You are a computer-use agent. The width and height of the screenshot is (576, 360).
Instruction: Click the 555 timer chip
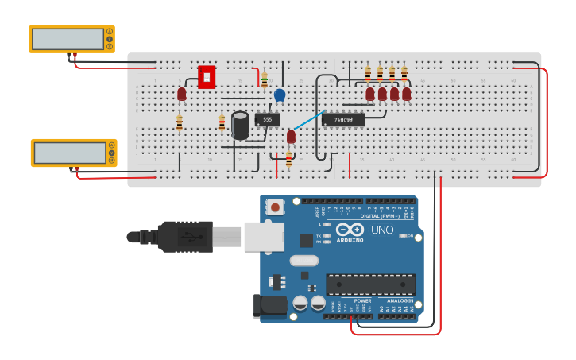point(267,120)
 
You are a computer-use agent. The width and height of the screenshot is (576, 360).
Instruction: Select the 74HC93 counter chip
point(343,120)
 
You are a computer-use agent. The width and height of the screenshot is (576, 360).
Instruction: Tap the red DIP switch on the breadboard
point(207,77)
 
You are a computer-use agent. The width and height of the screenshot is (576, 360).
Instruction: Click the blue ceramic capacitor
point(280,95)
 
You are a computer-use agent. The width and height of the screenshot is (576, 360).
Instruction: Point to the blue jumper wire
point(307,120)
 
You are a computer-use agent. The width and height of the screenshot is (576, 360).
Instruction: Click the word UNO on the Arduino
point(382,230)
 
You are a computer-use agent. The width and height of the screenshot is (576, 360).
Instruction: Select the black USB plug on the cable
point(185,237)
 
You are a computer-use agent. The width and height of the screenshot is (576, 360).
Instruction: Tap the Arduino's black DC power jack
point(268,307)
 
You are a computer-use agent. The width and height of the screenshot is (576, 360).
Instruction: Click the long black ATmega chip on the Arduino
point(370,285)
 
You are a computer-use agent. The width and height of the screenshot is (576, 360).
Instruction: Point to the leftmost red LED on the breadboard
point(182,95)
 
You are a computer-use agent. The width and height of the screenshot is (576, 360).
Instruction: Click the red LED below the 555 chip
point(291,137)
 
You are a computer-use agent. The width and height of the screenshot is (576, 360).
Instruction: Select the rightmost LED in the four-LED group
point(407,94)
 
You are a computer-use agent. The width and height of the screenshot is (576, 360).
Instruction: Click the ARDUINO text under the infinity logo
point(350,240)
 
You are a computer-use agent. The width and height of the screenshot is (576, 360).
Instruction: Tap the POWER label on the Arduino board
point(362,301)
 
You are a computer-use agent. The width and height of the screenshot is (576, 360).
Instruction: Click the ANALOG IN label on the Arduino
point(400,301)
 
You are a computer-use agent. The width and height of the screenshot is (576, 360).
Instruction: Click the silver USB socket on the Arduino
point(263,237)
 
